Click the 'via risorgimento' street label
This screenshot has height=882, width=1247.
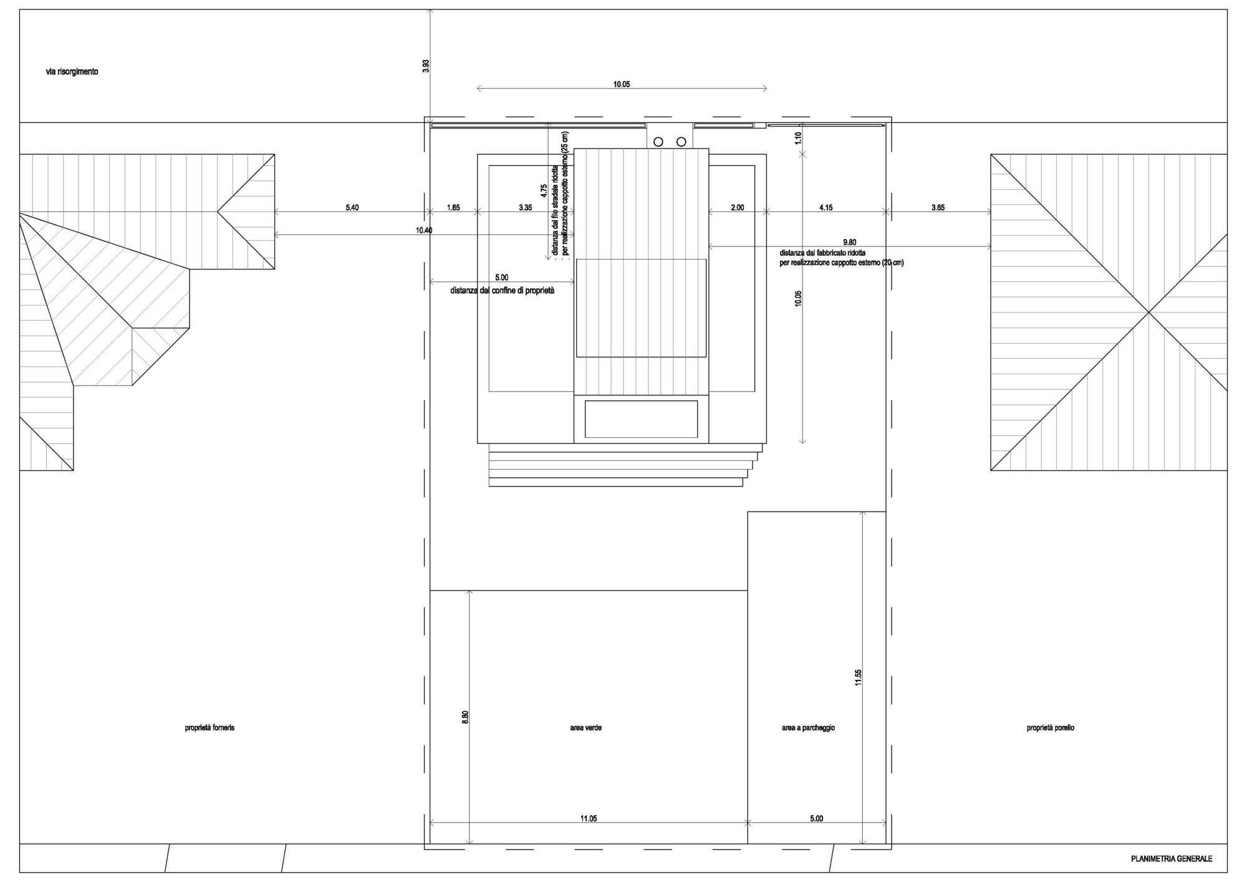tap(72, 72)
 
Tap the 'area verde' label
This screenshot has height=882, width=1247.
tap(585, 728)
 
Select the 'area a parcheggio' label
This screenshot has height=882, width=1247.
tap(808, 728)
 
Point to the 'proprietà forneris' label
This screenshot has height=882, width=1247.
tap(209, 728)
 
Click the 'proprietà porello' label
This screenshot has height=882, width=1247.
tap(1051, 728)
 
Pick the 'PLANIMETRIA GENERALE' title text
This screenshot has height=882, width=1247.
tap(1172, 859)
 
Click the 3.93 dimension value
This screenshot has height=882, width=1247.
tap(426, 66)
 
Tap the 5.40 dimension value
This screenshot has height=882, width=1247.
tap(352, 208)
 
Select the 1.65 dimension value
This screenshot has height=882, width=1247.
tap(454, 208)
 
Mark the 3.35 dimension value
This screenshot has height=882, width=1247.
tap(526, 208)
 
